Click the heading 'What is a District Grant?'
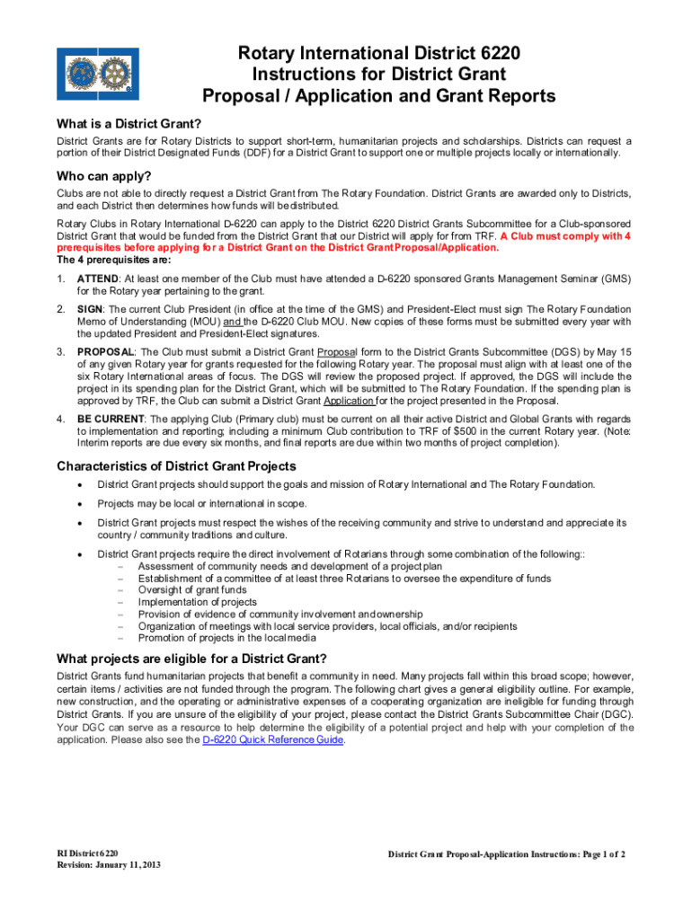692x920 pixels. point(129,123)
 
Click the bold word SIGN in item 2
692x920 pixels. point(91,309)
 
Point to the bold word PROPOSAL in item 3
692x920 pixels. point(106,351)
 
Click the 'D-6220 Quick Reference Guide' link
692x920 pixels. point(272,740)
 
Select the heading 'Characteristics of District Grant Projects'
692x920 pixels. point(176,465)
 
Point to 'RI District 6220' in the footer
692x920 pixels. point(86,853)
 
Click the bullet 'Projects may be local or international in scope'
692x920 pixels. point(201,503)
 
